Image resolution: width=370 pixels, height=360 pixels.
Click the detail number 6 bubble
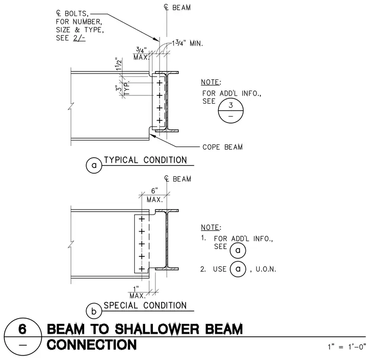(23, 337)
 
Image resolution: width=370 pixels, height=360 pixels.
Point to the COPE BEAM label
(222, 147)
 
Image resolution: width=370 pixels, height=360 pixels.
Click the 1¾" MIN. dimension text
(187, 43)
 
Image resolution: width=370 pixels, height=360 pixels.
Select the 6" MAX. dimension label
(154, 195)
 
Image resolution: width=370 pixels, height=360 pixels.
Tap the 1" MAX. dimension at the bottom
(137, 292)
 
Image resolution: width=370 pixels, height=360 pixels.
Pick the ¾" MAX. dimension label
(141, 54)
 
